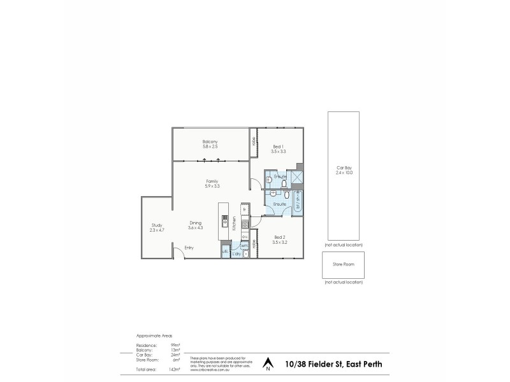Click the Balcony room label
(x=210, y=141)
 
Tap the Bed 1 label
(x=278, y=146)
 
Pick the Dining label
(x=195, y=223)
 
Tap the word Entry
(x=189, y=247)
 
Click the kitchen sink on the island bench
(x=224, y=222)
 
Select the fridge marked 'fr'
(x=244, y=209)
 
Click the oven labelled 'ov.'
(x=244, y=236)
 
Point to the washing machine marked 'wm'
(x=244, y=244)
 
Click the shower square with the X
(x=297, y=178)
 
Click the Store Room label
(x=344, y=263)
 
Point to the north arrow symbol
(x=268, y=364)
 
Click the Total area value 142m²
(x=175, y=369)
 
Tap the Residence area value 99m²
(x=175, y=344)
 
